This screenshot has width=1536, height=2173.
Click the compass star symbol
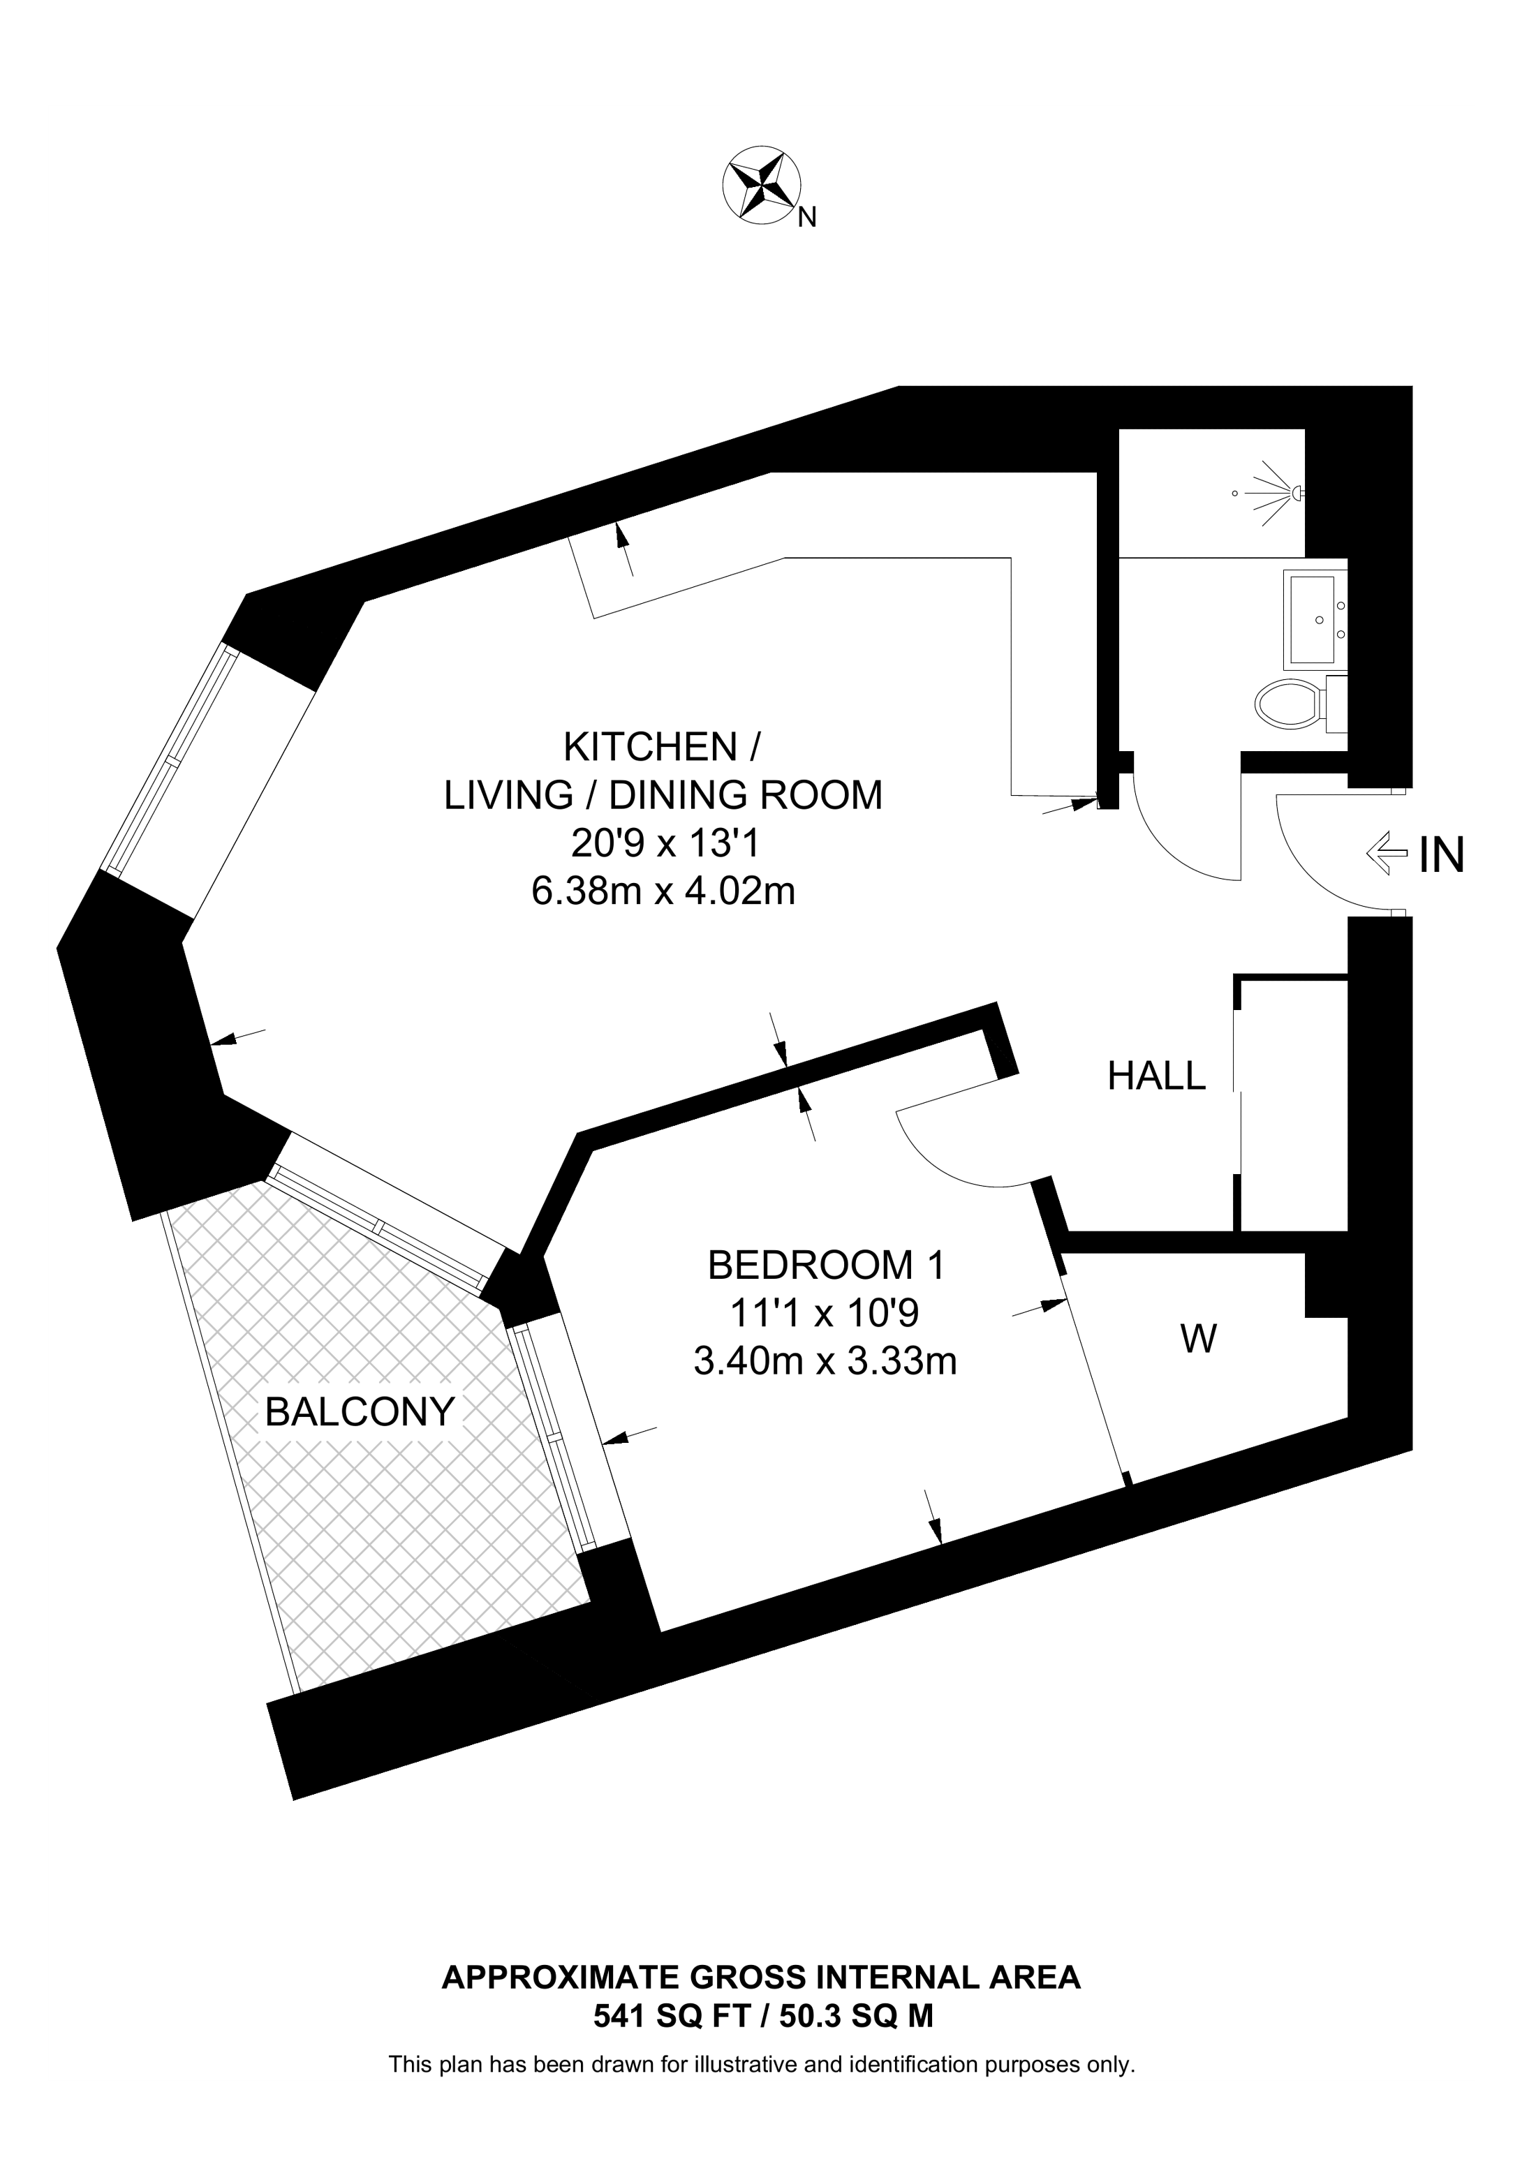[762, 186]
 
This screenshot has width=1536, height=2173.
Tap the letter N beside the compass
[806, 218]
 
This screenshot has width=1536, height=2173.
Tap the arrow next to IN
[1384, 853]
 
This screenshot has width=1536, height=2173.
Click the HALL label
[1156, 1076]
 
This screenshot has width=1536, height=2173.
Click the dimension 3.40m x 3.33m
[825, 1362]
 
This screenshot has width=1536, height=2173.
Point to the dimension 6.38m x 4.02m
[663, 891]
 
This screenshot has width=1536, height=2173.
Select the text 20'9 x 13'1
[663, 843]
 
